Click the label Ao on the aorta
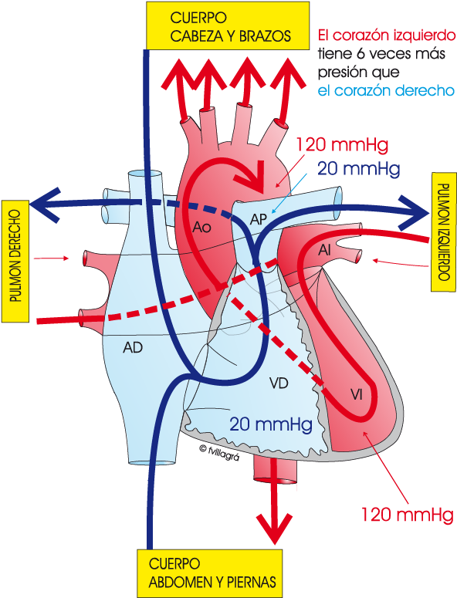(x=201, y=228)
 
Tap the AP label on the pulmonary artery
(x=259, y=219)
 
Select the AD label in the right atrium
(x=133, y=347)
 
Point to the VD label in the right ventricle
(x=279, y=383)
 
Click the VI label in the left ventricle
(x=357, y=395)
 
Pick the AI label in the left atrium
(x=324, y=250)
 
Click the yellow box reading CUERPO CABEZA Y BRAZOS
(x=228, y=25)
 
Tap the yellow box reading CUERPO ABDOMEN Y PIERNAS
(x=210, y=573)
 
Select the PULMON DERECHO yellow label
(x=15, y=262)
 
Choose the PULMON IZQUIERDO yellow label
(x=444, y=232)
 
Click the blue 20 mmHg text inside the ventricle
(x=271, y=424)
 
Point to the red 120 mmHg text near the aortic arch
(x=342, y=145)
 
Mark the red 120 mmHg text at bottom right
(x=407, y=515)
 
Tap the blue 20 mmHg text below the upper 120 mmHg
(x=359, y=168)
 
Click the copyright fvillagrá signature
(x=219, y=452)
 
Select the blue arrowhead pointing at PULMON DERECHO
(x=45, y=204)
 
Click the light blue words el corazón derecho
(x=386, y=91)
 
